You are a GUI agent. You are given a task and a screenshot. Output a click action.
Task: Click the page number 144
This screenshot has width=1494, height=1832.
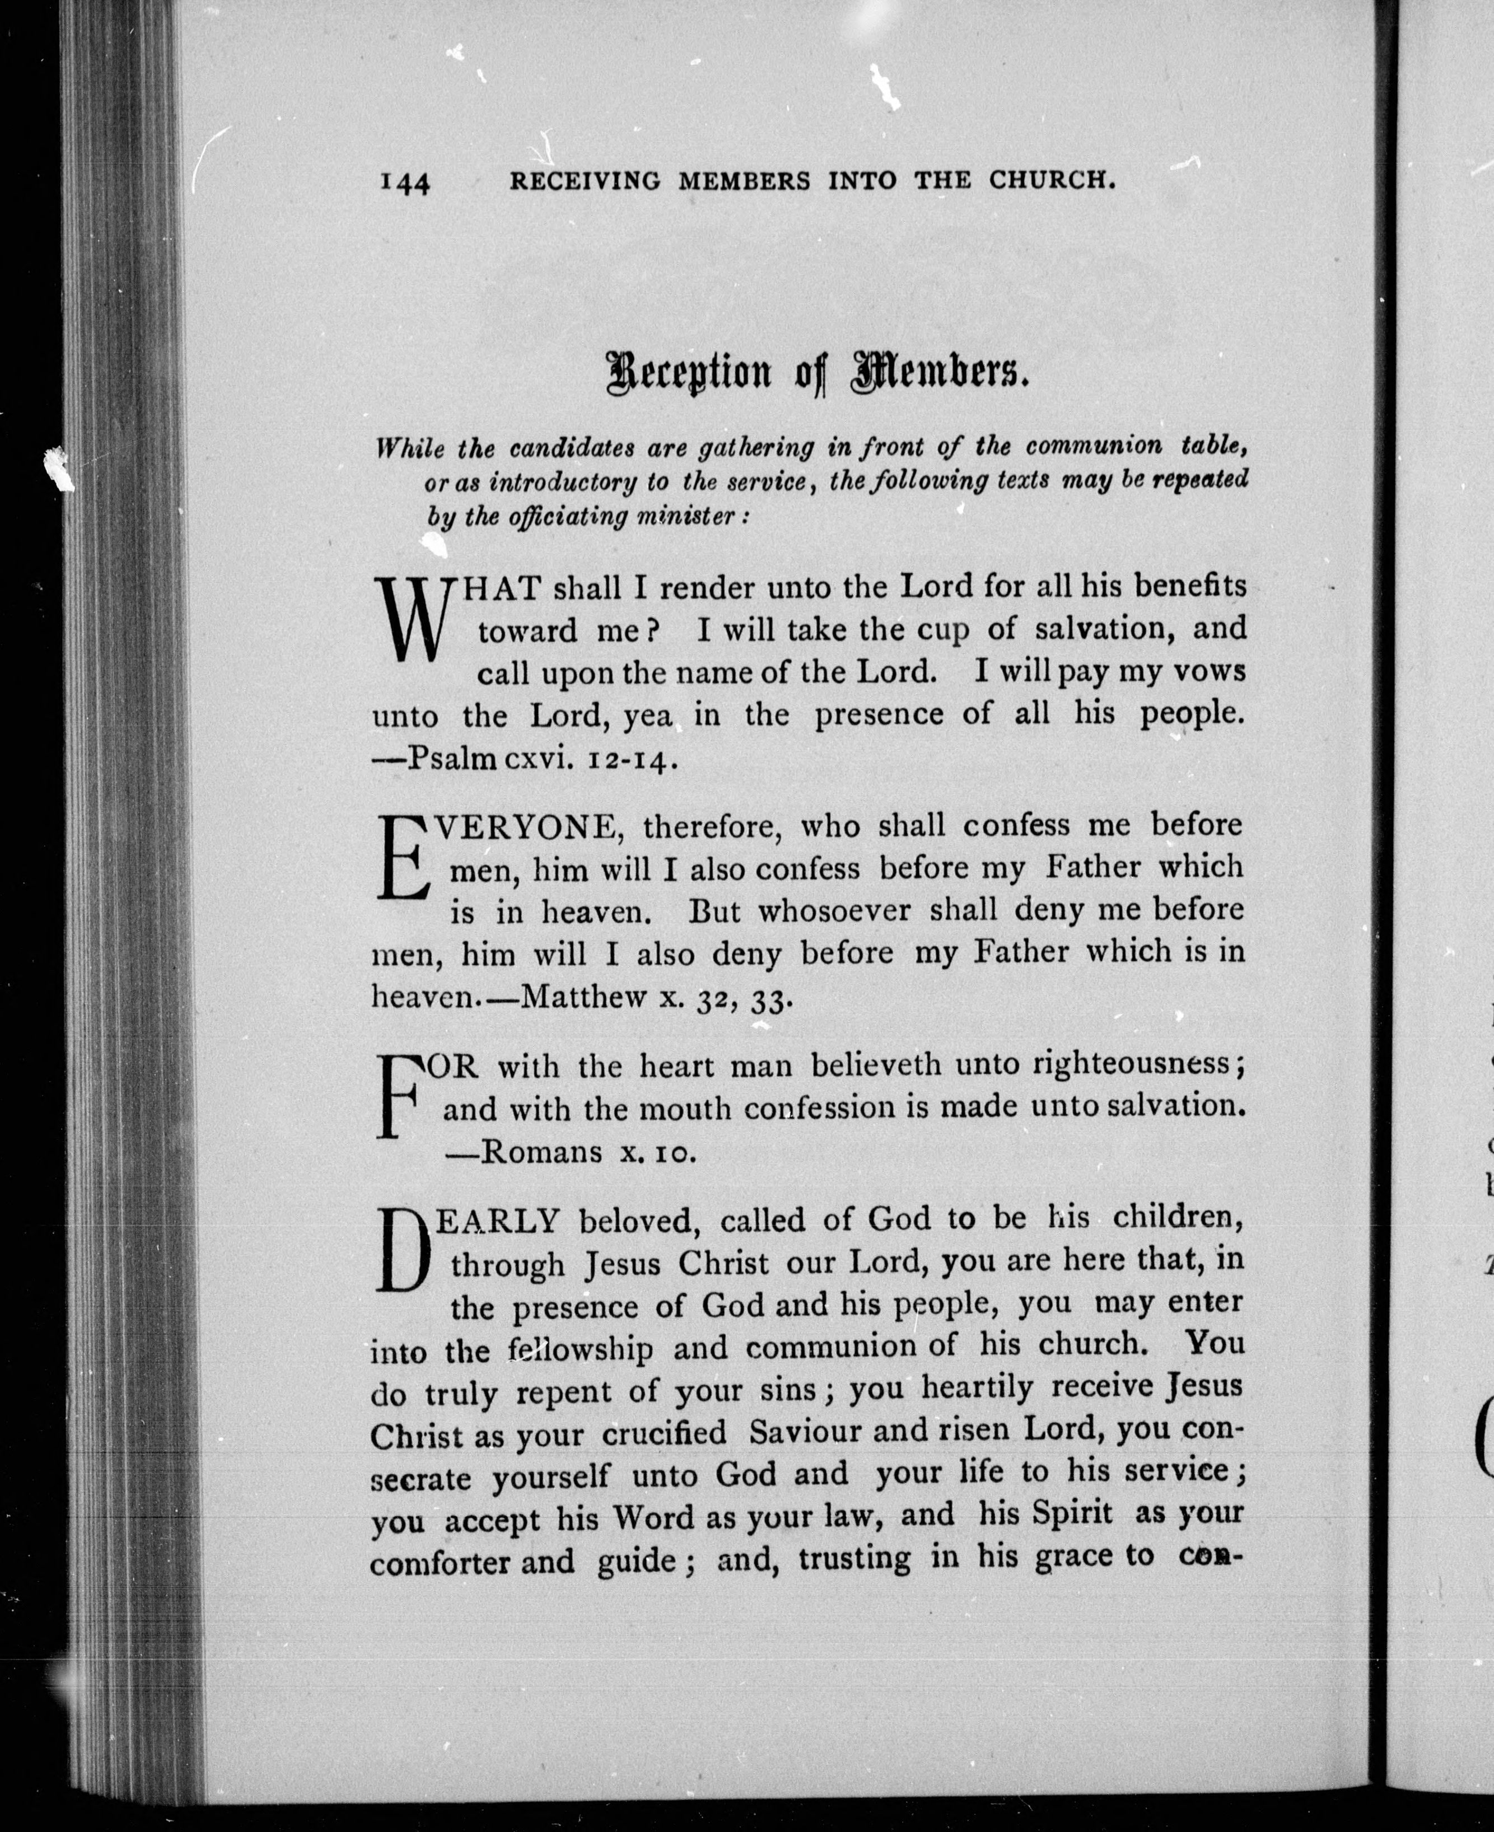pyautogui.click(x=404, y=183)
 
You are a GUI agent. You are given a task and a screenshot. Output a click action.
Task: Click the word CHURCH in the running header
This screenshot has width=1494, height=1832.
pyautogui.click(x=1053, y=181)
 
